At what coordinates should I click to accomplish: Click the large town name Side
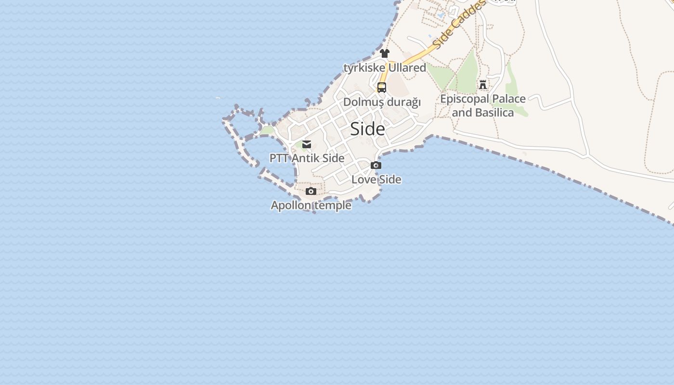click(367, 129)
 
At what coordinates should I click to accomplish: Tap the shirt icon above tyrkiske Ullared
click(384, 53)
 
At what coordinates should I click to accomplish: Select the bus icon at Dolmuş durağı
click(382, 88)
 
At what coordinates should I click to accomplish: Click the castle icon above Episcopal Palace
click(483, 85)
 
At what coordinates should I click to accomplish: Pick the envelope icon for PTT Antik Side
click(307, 144)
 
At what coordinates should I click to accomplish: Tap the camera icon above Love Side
click(376, 166)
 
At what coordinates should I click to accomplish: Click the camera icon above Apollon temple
click(311, 192)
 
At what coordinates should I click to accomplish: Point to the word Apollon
click(291, 206)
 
